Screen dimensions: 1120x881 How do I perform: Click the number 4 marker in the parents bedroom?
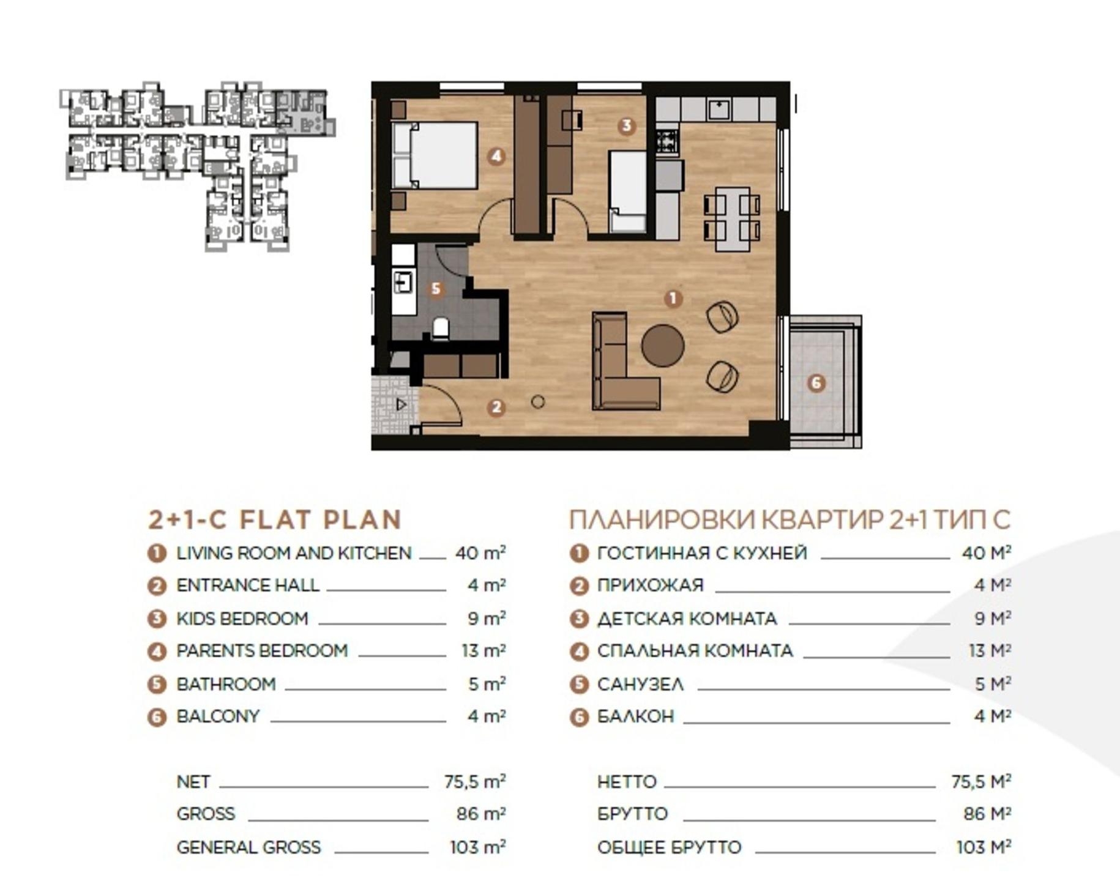496,156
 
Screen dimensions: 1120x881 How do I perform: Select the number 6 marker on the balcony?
816,383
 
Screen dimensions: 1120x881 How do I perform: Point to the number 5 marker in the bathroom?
436,289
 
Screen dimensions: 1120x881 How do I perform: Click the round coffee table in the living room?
663,346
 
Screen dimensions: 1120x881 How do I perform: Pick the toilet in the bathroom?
440,329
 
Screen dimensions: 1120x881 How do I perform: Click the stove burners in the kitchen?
667,141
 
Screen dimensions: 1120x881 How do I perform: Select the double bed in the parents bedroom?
435,155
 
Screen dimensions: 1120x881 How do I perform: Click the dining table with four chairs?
732,220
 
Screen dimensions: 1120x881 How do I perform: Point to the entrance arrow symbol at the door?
401,404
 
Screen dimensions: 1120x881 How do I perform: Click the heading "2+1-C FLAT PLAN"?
275,519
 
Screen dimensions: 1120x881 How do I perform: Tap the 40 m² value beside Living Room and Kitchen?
480,553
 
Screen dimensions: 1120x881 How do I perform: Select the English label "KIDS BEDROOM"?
242,619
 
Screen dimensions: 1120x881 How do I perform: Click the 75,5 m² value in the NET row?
475,782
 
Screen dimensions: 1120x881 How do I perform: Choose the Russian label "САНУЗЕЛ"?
640,684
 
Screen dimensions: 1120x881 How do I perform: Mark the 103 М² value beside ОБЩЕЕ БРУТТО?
984,847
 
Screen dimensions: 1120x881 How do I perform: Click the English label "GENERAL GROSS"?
248,847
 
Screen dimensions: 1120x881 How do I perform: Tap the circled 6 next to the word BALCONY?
157,717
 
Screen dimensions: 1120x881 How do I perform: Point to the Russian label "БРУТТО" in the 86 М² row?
632,814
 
